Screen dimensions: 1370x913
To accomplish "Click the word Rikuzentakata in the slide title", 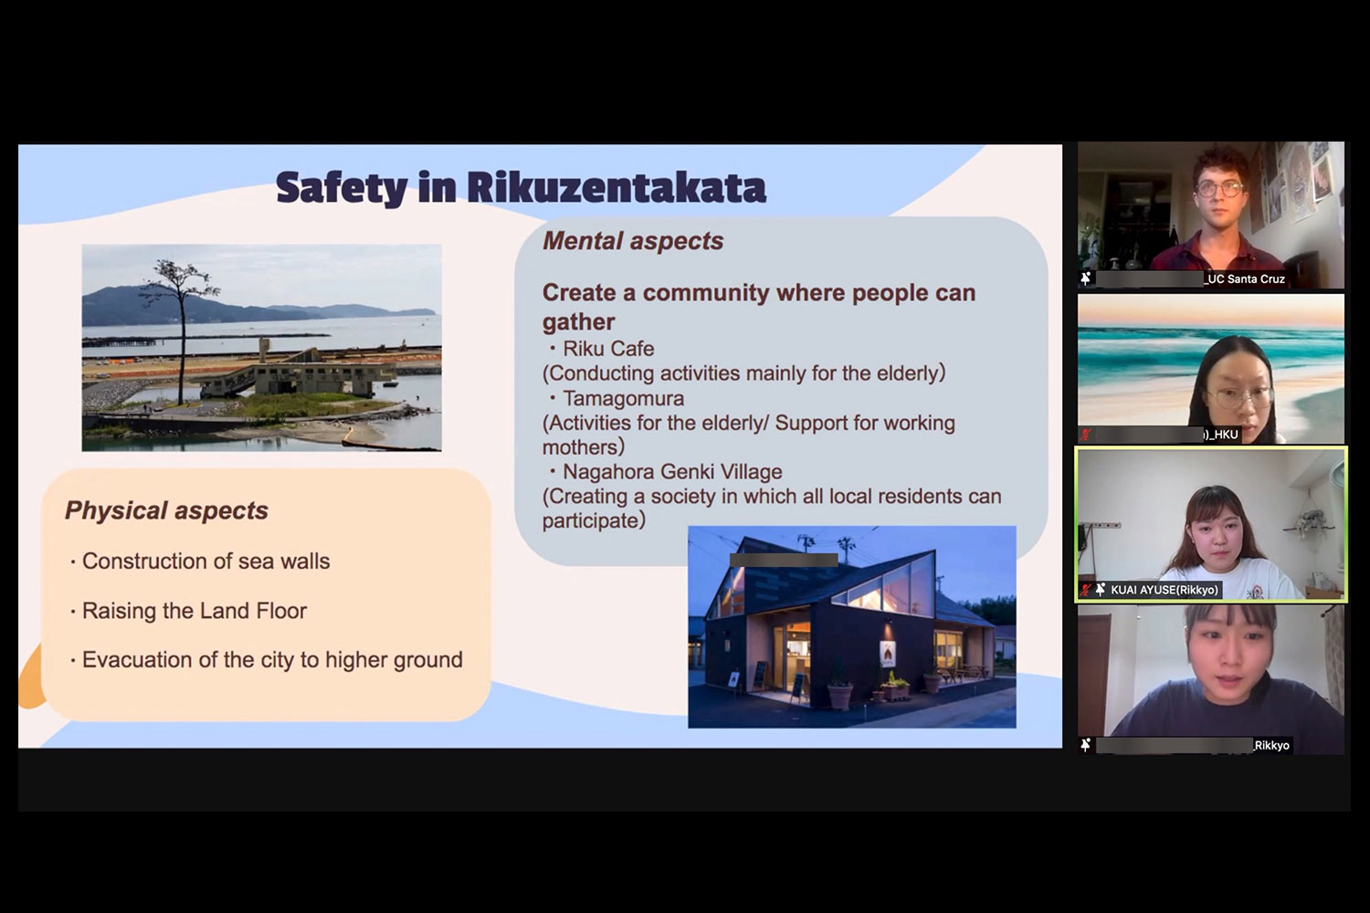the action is (x=616, y=187).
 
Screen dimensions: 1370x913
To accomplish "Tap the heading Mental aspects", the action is (x=633, y=241).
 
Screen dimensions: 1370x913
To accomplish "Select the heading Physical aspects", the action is (x=166, y=510).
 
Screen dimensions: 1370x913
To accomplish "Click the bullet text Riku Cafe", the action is (x=608, y=349).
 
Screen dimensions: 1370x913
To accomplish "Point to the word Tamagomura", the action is (x=623, y=399).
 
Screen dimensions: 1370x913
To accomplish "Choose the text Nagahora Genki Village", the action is (x=672, y=472).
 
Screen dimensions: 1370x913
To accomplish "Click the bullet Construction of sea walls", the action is (x=205, y=561).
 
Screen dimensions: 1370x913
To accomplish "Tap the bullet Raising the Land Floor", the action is (x=194, y=611).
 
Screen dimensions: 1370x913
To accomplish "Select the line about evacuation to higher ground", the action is (x=272, y=660).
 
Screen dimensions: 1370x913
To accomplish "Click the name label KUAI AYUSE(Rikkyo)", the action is (x=1164, y=590).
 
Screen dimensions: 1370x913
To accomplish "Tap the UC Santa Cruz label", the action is (x=1245, y=278).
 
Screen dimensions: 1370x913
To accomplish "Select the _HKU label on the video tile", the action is (x=1221, y=435).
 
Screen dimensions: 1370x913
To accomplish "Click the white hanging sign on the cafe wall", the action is (x=888, y=656).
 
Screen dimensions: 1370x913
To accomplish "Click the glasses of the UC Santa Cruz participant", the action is (x=1219, y=188).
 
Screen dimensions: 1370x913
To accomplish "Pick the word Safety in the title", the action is (x=342, y=188).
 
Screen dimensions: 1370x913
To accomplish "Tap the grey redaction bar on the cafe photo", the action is (x=784, y=561).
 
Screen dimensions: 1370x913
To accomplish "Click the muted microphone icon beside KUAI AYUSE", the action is (x=1086, y=590).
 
